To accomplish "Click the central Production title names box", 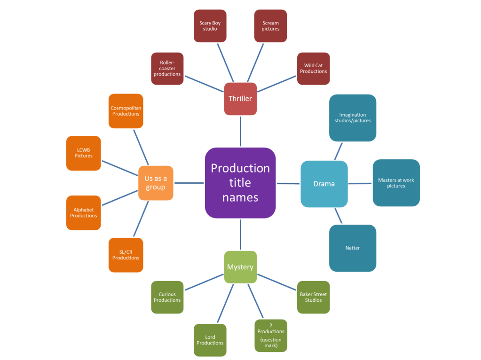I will point(240,183).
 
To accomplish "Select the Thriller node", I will point(240,99).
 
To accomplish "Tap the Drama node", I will point(324,184).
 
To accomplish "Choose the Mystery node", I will point(240,267).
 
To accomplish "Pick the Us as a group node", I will point(156,183).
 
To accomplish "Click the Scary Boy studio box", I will point(210,26).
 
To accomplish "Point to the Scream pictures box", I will point(270,26).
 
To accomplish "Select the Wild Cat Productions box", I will point(314,69).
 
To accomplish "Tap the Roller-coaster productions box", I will point(167,69).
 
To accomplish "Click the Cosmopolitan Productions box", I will point(126,111).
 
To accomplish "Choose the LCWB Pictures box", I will point(84,153).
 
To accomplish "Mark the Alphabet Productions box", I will point(84,213).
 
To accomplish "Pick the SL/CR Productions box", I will point(126,255).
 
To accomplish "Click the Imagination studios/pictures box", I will point(353,118).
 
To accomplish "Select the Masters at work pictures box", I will point(396,183).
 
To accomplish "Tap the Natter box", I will point(353,248).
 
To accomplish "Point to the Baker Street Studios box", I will point(313,297).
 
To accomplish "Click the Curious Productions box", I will point(167,297).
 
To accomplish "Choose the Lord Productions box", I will point(210,340).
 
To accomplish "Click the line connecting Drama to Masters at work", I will point(360,184).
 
